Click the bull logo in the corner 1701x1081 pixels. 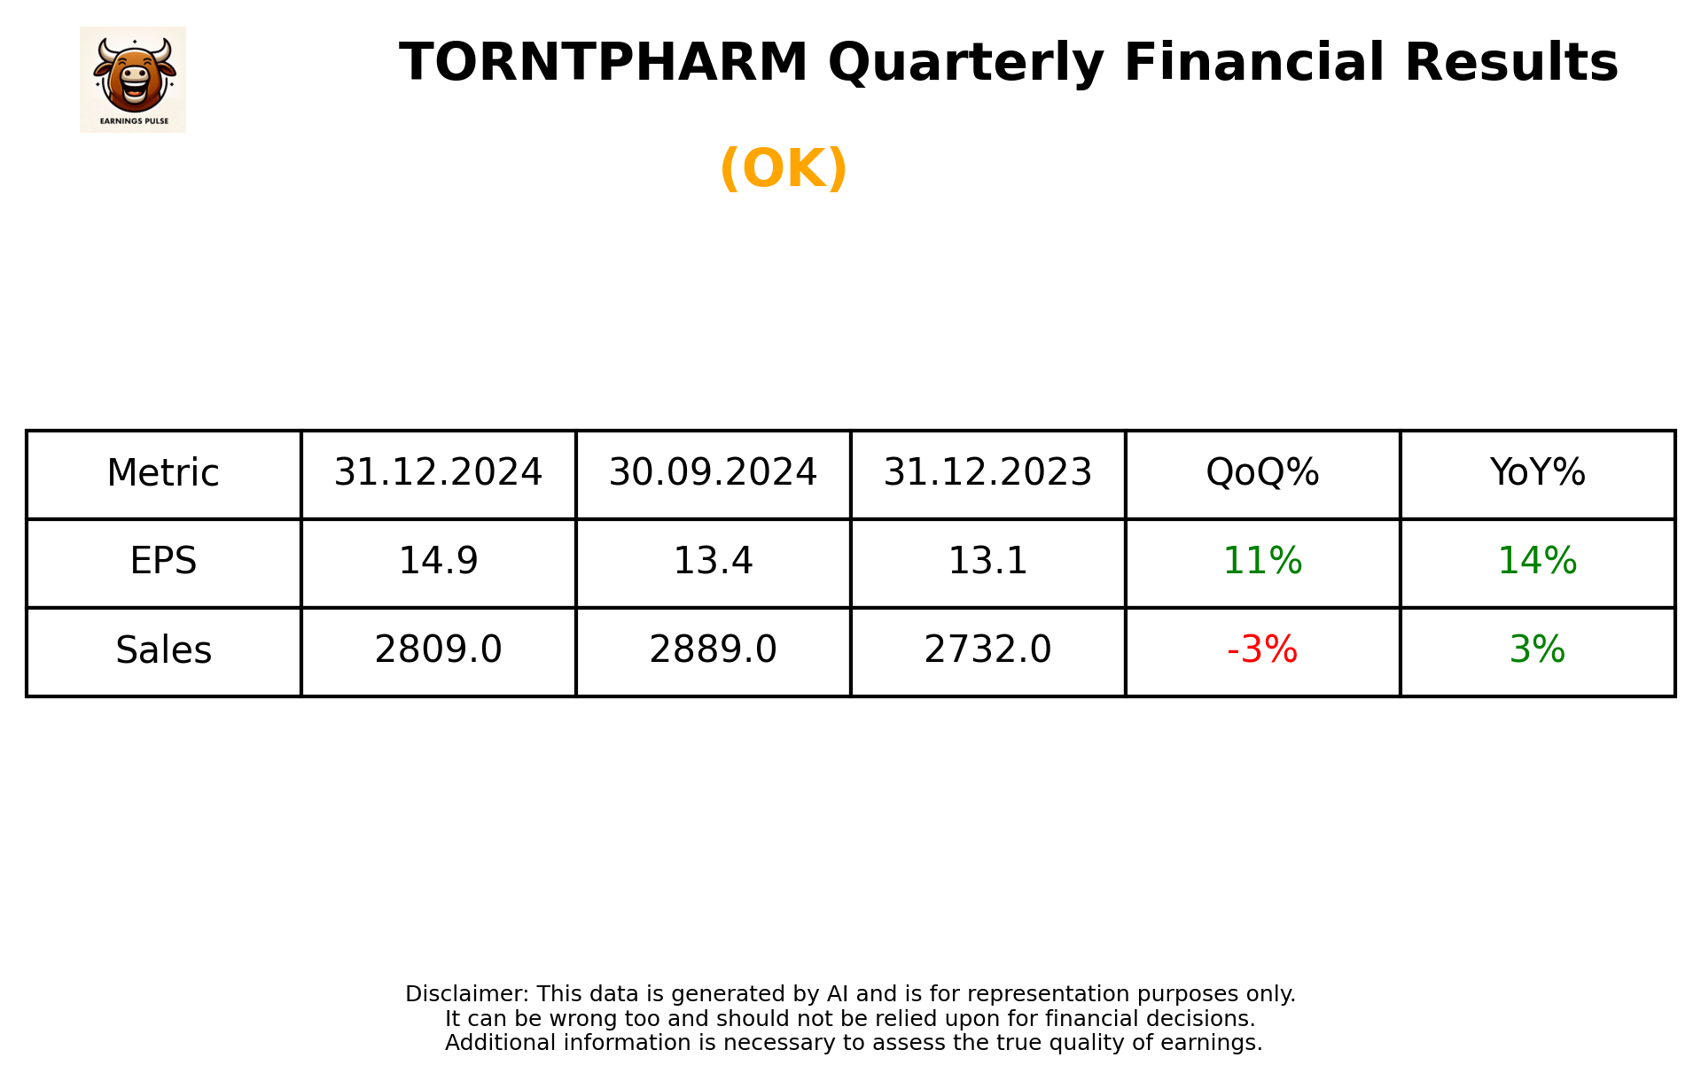click(x=133, y=79)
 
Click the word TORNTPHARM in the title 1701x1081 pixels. click(x=603, y=63)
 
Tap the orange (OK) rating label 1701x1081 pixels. click(x=784, y=168)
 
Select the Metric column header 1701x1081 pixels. click(x=163, y=473)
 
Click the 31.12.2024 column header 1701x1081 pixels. click(x=438, y=473)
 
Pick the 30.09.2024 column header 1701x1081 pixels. click(x=713, y=473)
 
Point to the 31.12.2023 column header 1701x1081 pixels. click(x=987, y=473)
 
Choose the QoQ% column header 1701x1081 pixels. click(x=1262, y=473)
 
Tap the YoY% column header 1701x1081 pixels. click(x=1537, y=473)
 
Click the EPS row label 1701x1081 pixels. click(x=163, y=562)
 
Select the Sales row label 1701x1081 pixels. click(x=163, y=650)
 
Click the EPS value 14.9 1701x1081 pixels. click(x=438, y=562)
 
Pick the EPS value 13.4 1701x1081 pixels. click(x=713, y=562)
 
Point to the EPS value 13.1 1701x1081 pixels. click(x=987, y=562)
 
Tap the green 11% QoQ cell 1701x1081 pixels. click(x=1262, y=562)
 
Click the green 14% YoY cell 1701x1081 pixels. click(x=1537, y=562)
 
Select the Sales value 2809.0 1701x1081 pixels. click(x=438, y=650)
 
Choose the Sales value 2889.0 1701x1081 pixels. click(x=713, y=650)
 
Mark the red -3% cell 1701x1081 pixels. click(x=1262, y=650)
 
